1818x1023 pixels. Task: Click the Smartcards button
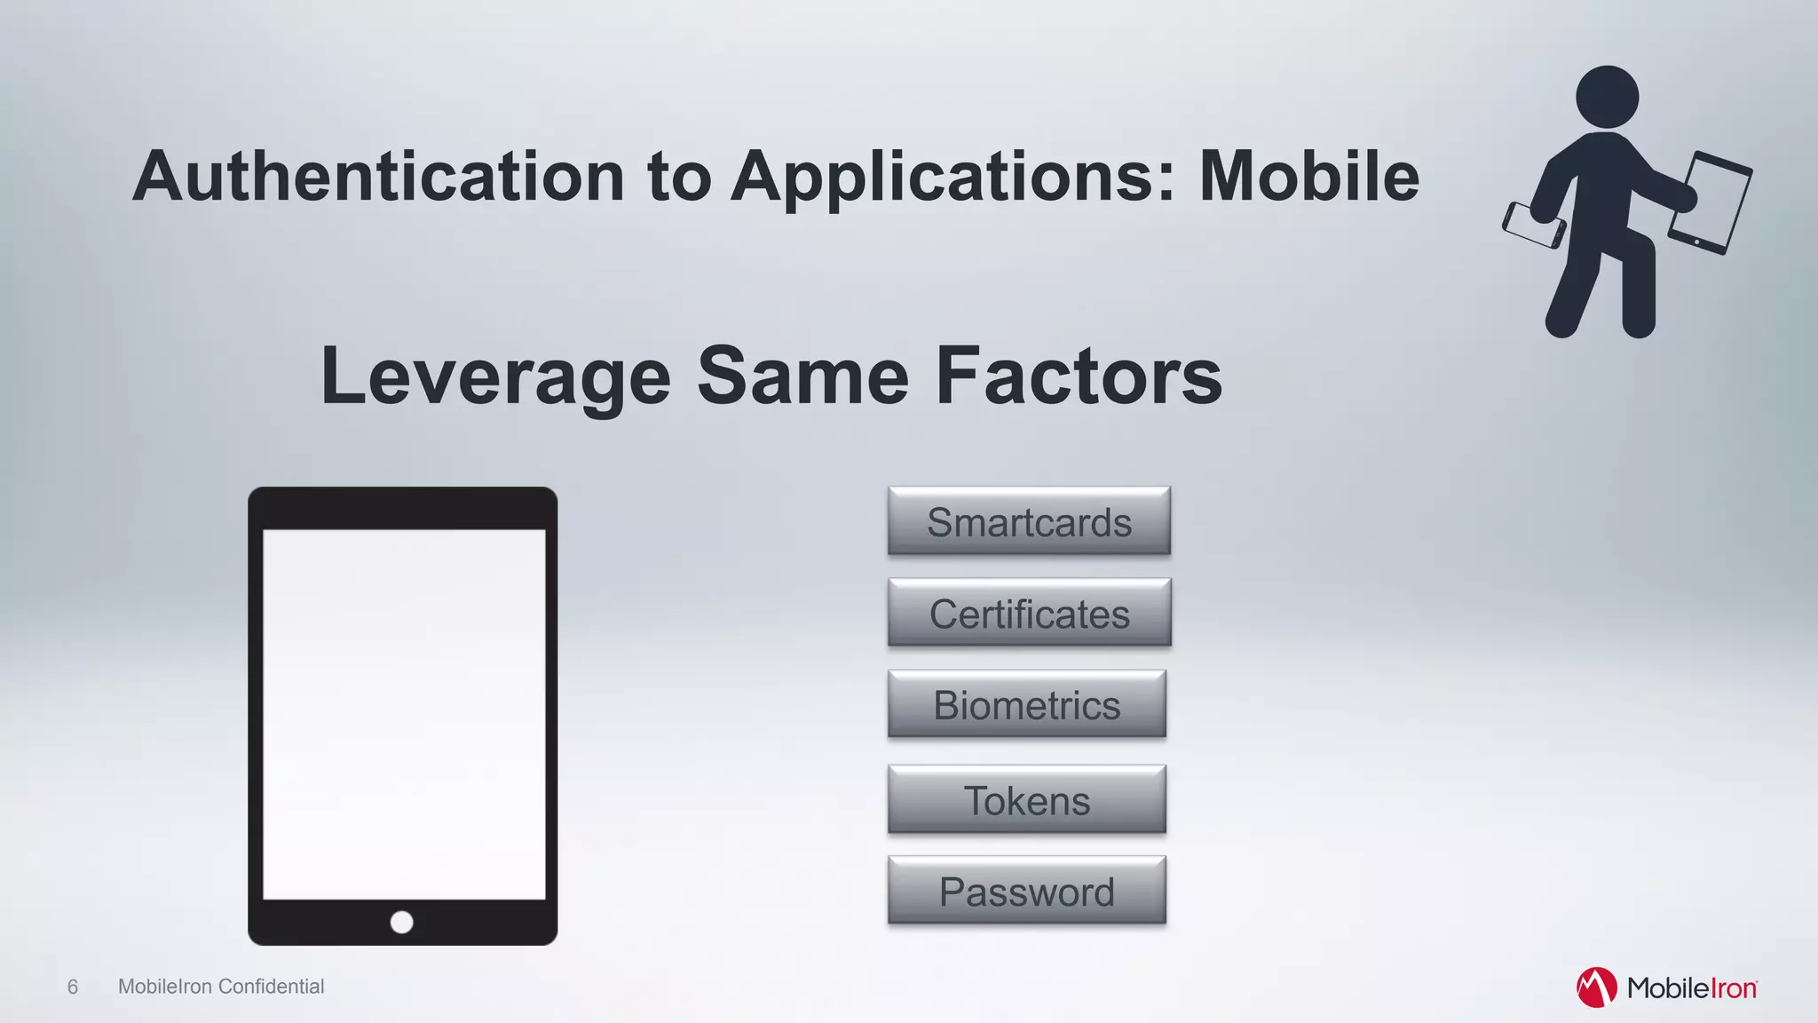point(1029,521)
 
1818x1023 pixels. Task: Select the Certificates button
point(1029,613)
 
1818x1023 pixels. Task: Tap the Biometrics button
point(1026,704)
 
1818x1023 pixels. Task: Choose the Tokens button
point(1026,799)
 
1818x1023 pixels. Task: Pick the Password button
point(1026,891)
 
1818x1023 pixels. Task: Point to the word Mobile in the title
point(1308,176)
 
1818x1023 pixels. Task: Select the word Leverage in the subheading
point(494,377)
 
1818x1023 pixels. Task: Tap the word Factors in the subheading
point(1079,377)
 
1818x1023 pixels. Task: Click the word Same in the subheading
point(802,377)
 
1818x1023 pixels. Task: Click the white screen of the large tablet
point(404,714)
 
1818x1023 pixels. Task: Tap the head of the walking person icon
point(1607,97)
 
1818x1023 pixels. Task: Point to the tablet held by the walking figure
point(1711,203)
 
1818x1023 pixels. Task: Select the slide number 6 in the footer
point(73,987)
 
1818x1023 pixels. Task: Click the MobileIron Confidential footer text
point(221,987)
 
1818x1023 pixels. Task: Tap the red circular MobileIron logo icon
point(1596,987)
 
